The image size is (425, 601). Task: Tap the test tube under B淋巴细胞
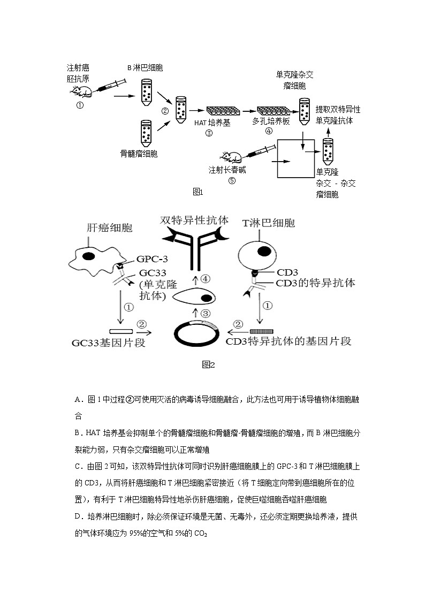coord(146,91)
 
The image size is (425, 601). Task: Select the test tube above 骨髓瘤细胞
coord(146,133)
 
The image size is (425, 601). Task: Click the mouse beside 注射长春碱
coord(232,157)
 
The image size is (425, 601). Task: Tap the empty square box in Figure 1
coord(295,158)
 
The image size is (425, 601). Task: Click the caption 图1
coord(198,191)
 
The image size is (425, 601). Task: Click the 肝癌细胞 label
coord(109,227)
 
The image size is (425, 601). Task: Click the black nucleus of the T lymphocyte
coord(264,250)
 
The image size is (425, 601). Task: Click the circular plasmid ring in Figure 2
coord(198,334)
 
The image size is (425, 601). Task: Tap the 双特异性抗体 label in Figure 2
coord(194,220)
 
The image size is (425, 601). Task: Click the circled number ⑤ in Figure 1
coord(232,180)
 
